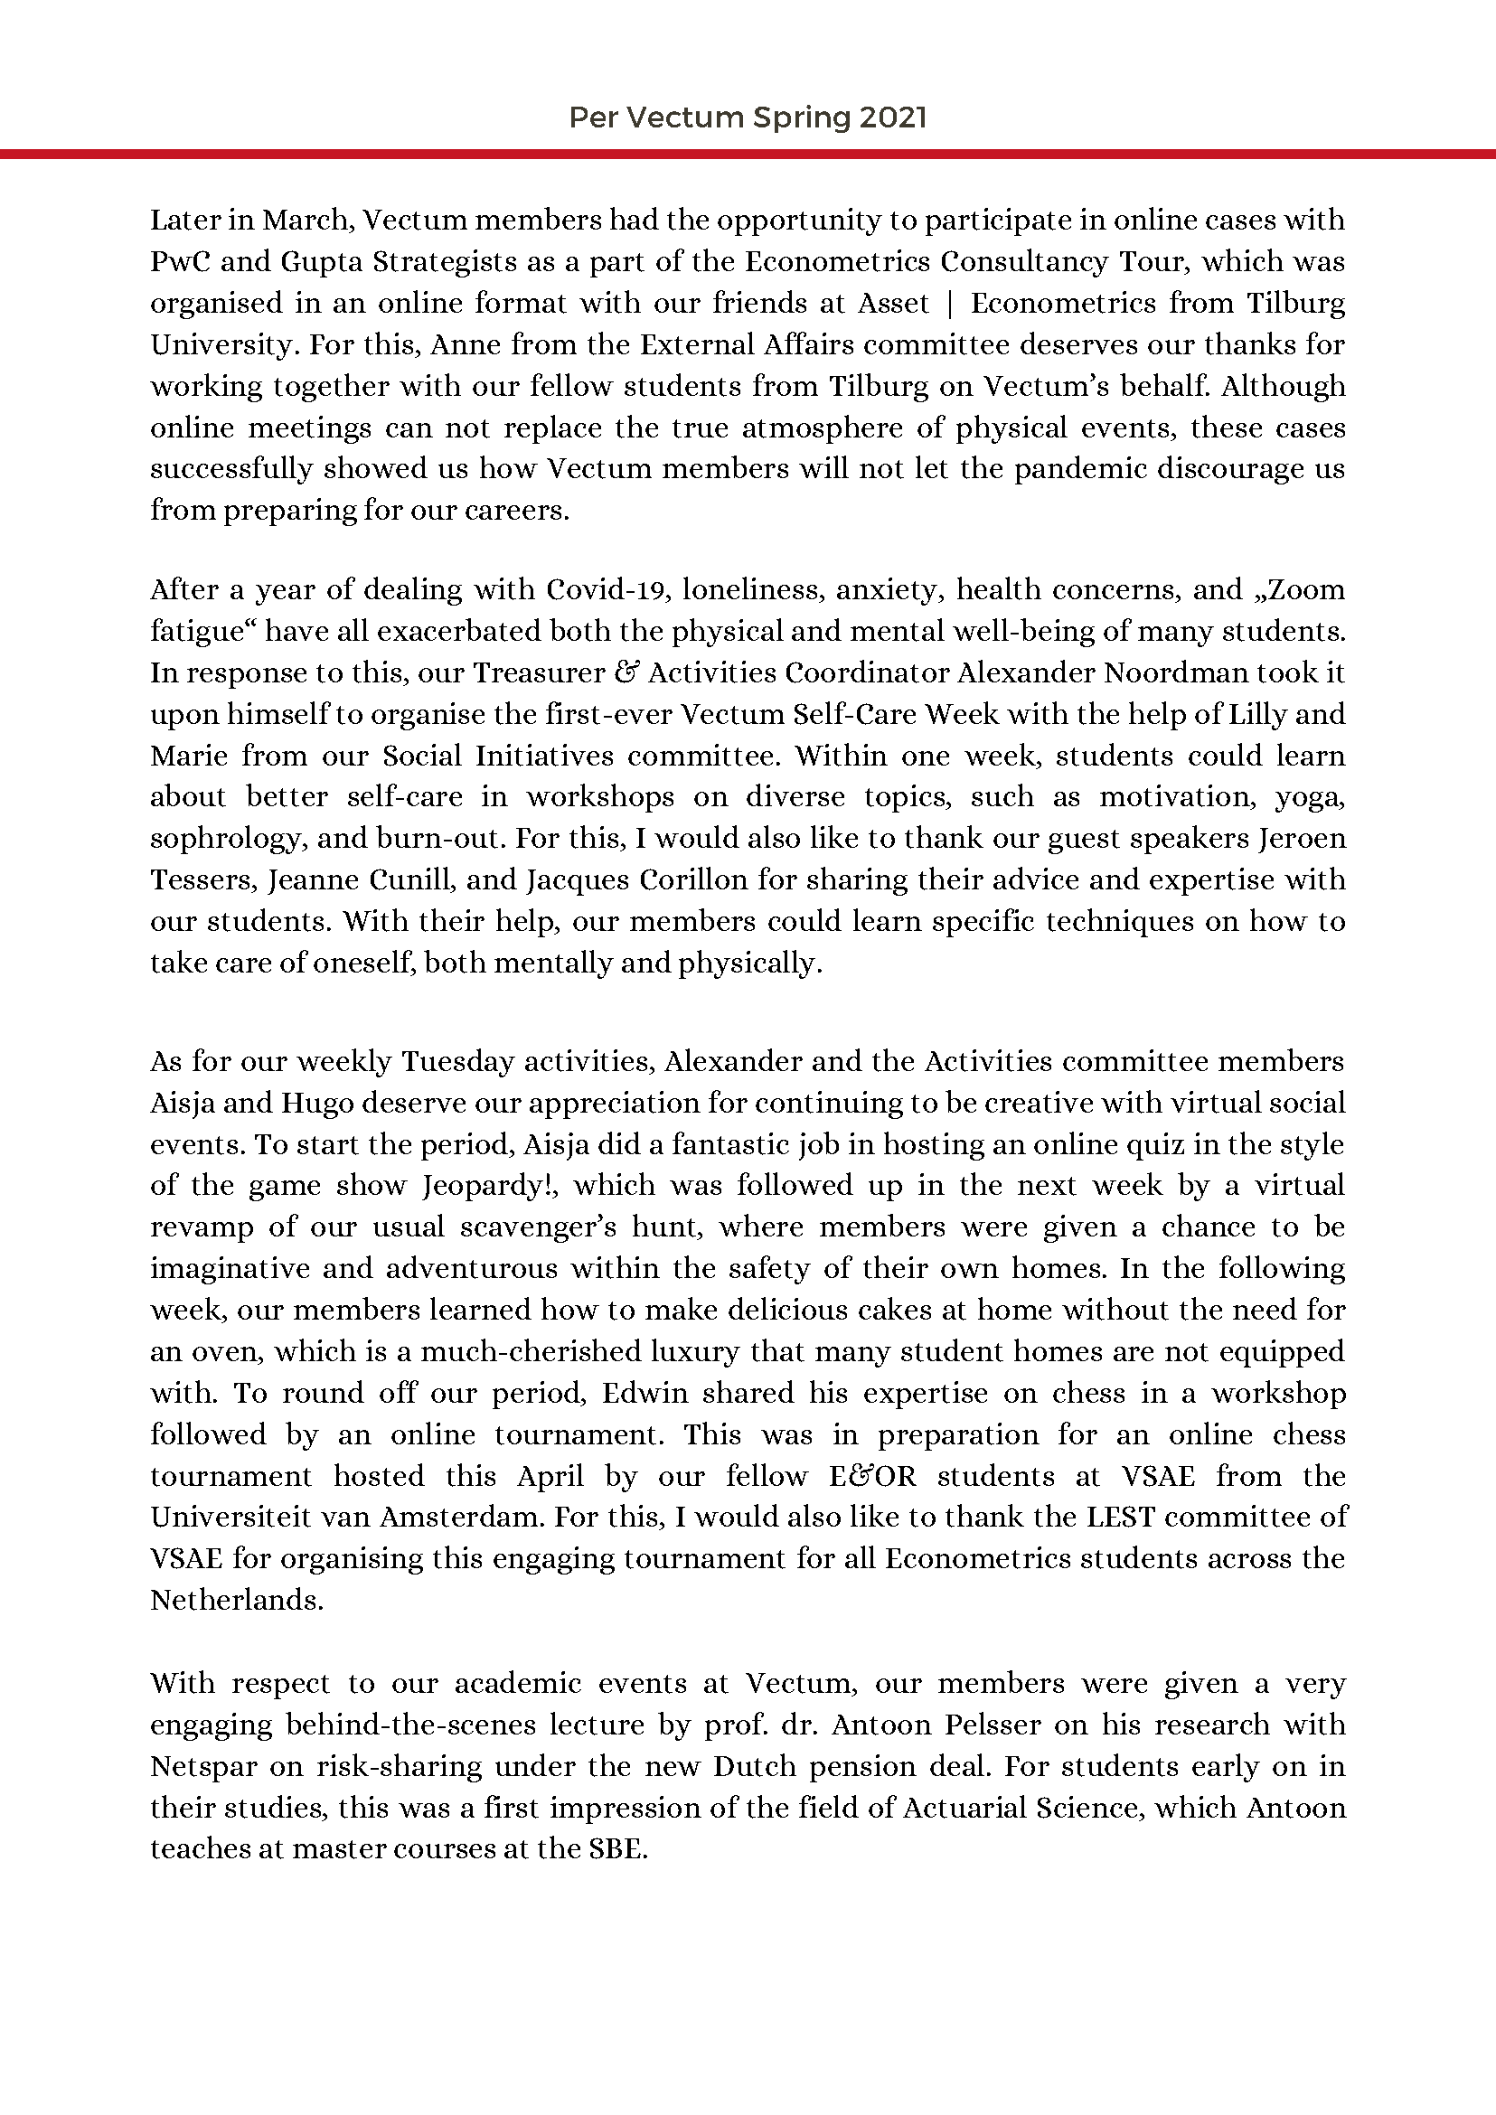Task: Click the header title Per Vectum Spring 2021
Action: [x=747, y=117]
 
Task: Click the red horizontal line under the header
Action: [x=747, y=154]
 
